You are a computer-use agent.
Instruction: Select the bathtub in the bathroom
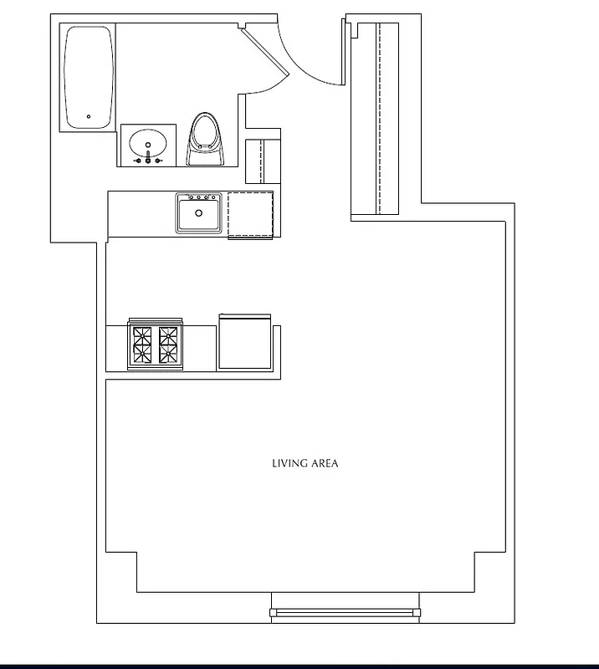pos(88,77)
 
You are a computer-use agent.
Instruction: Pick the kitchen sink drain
pos(199,213)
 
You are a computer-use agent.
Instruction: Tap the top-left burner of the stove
pos(140,336)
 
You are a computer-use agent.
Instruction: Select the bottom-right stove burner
pos(169,356)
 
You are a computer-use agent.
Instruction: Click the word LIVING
pos(289,463)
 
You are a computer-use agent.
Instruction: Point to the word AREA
pos(325,463)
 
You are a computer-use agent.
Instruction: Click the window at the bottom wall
pos(344,613)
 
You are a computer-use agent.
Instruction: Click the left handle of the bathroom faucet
pos(138,160)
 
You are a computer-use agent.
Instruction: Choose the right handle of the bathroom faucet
pos(158,160)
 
